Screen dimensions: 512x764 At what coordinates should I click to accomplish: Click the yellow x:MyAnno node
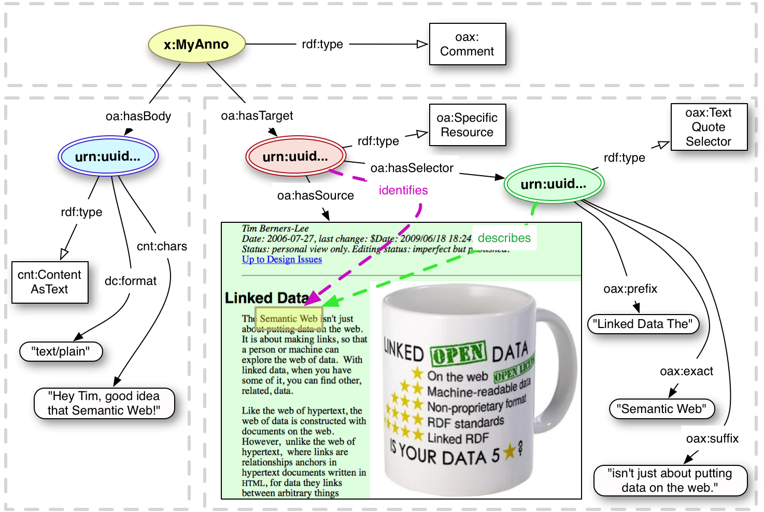196,45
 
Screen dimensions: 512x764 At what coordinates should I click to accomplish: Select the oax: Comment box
467,45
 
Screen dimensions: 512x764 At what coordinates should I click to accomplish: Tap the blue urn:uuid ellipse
108,156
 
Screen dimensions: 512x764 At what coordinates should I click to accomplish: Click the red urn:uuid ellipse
295,156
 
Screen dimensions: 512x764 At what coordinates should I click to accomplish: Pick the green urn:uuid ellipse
554,183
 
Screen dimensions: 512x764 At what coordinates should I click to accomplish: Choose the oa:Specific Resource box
467,125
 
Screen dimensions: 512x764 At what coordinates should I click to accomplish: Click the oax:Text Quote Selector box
709,127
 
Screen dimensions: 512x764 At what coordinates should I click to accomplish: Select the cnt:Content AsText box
50,282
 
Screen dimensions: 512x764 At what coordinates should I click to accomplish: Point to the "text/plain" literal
61,351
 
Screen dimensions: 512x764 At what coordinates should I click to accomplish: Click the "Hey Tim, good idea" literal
104,403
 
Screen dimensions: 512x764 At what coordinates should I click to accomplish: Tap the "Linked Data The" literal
643,324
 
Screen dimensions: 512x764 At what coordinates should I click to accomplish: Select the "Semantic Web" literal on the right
661,409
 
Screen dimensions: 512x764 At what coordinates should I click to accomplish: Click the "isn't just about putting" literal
670,480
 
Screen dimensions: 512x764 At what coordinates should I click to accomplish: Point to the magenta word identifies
403,190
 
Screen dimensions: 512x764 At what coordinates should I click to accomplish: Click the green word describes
504,238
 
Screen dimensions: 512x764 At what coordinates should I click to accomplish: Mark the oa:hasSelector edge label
412,168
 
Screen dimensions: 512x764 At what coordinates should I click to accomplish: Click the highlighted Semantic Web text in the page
289,319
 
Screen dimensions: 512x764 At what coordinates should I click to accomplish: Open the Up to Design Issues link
282,260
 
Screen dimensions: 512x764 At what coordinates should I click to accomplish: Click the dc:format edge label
131,281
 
